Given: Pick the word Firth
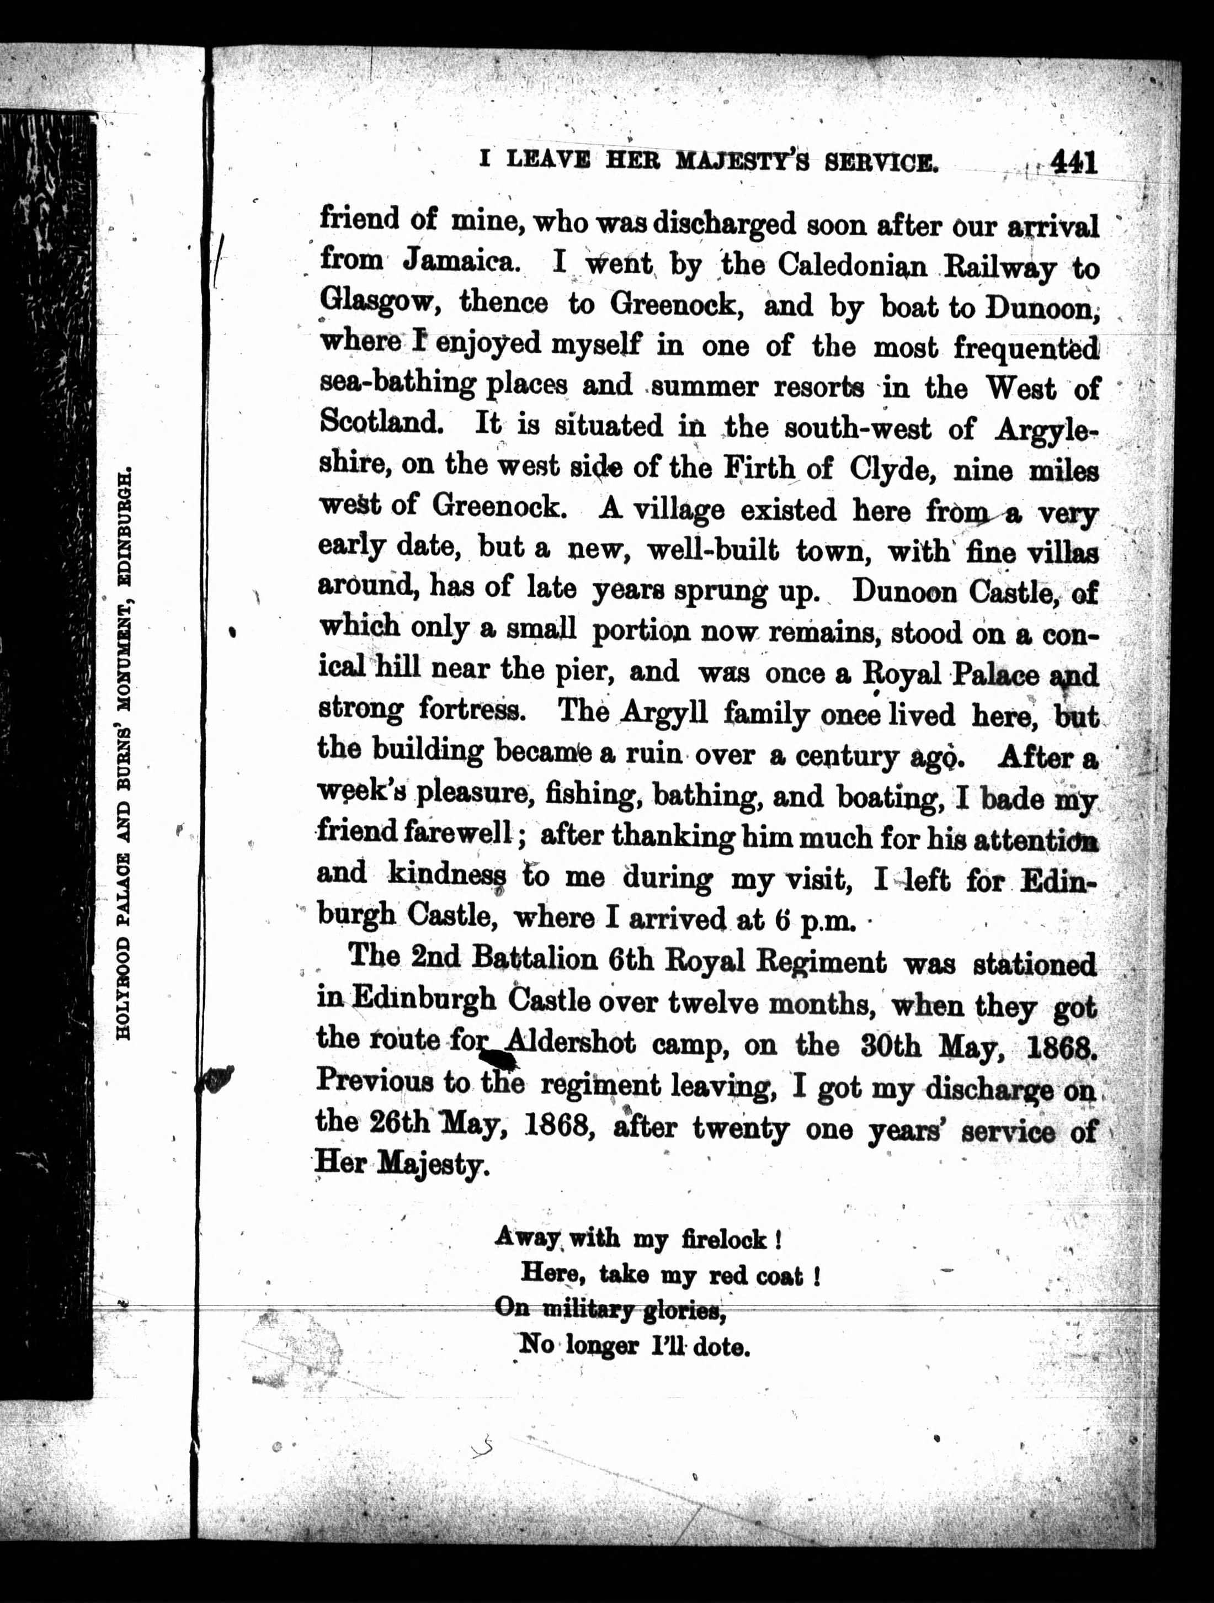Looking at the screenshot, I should pyautogui.click(x=759, y=468).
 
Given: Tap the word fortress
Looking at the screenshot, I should pyautogui.click(x=473, y=709).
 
